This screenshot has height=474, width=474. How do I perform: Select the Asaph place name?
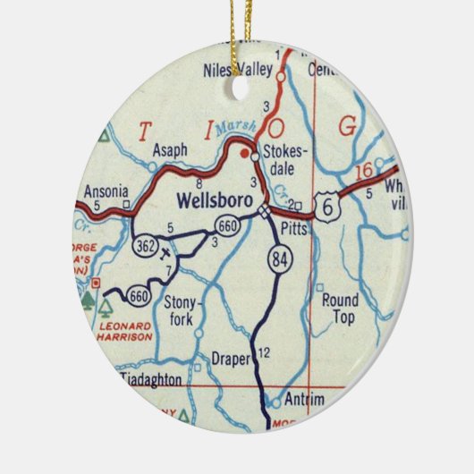click(x=170, y=150)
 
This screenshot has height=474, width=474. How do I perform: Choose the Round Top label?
click(x=339, y=309)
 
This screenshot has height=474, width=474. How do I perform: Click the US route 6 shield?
click(x=331, y=208)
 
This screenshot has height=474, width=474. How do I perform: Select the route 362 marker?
click(x=145, y=244)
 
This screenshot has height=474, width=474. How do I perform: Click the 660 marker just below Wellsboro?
click(x=229, y=227)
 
